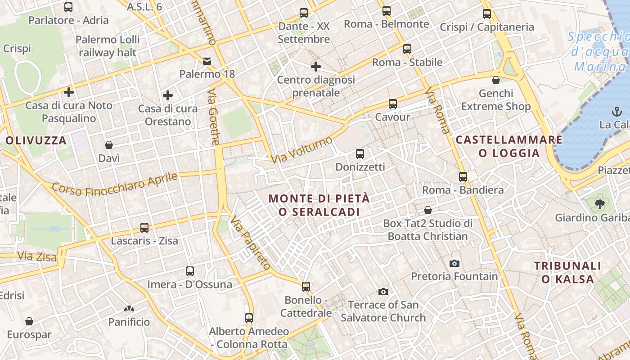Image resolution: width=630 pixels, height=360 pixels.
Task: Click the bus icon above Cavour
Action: [x=392, y=104]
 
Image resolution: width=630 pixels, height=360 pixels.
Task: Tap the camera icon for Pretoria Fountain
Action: [x=454, y=263]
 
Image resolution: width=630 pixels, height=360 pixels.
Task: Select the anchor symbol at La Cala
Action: [x=615, y=111]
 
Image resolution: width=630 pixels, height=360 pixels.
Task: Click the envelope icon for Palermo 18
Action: [x=207, y=61]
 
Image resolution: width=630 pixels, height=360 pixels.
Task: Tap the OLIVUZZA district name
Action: [x=36, y=140]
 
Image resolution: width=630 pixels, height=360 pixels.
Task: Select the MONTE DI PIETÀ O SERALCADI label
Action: [x=319, y=205]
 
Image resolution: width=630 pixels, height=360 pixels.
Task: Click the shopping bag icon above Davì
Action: [x=109, y=145]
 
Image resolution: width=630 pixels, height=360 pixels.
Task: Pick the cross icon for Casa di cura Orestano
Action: [x=168, y=95]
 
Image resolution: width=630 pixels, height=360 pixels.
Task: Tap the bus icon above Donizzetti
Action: [x=360, y=154]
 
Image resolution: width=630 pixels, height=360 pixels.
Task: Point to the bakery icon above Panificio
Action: [x=129, y=309]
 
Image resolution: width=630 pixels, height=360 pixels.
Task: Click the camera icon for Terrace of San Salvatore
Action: [x=383, y=292]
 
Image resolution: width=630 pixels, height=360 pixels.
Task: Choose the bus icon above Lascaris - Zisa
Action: [x=144, y=228]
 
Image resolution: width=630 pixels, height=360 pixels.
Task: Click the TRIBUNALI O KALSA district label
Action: [x=568, y=272]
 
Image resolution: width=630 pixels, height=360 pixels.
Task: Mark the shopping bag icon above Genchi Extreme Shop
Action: [x=496, y=81]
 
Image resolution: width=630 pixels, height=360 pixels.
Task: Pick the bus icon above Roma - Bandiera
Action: [x=463, y=177]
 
